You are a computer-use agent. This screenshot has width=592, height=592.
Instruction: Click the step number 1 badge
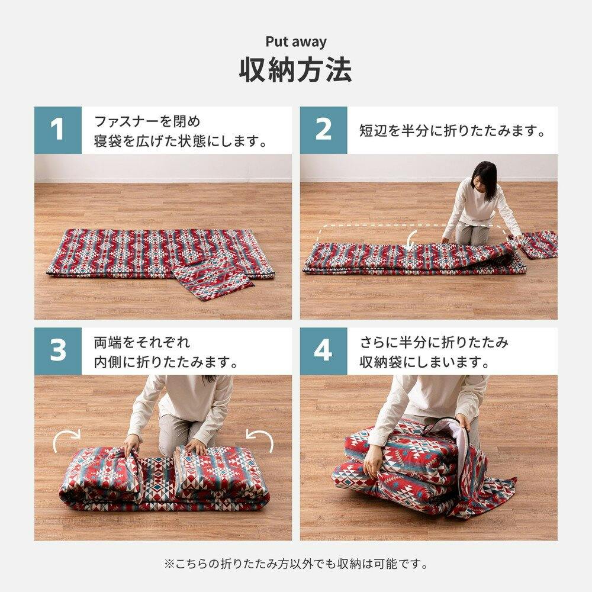coord(58,130)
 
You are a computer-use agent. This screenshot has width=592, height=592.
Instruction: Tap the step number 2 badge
coord(324,130)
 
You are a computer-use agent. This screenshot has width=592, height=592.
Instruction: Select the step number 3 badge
coord(58,350)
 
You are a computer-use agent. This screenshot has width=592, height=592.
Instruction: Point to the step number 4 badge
coord(324,350)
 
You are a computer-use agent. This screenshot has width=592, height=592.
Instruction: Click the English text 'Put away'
coord(296,41)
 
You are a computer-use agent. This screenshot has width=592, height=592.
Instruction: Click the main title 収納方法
coord(296,70)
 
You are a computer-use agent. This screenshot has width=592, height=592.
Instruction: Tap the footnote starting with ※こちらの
coord(296,564)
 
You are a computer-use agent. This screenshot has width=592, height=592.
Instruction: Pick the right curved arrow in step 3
coord(261,437)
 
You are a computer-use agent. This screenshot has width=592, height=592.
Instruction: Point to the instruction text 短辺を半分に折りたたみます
coord(452,131)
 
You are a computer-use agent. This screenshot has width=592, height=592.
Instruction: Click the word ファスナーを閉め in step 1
coord(147,121)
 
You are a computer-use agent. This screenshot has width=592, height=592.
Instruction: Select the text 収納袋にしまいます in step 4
coord(424,362)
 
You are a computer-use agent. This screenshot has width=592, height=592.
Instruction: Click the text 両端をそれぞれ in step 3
coord(142,342)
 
